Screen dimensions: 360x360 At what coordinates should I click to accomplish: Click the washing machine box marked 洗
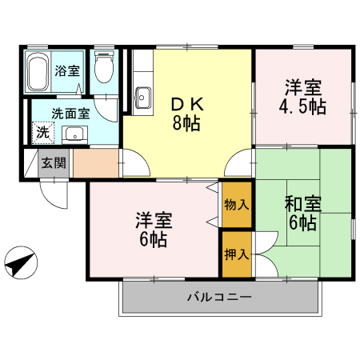click(x=41, y=132)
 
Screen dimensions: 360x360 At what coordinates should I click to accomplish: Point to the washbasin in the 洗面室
click(x=74, y=134)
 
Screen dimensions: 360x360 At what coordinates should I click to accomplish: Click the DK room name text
click(x=185, y=105)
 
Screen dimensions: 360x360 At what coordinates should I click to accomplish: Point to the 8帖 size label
click(x=185, y=123)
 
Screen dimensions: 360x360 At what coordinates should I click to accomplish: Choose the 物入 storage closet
click(x=237, y=204)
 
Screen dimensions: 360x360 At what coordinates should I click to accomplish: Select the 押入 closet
click(x=237, y=254)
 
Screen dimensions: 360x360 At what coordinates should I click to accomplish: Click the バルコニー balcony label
click(x=219, y=298)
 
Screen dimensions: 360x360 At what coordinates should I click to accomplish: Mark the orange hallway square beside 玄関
click(x=95, y=163)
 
